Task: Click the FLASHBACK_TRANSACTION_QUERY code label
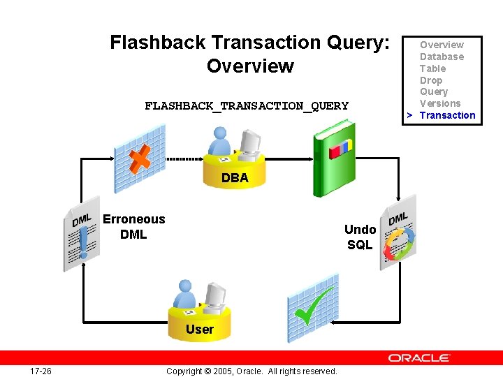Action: [246, 106]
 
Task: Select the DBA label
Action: [235, 178]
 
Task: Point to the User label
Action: [200, 329]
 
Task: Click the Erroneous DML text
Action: [133, 227]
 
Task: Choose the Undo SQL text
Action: [360, 237]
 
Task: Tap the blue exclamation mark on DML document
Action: [84, 244]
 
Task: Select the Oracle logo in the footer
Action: [419, 357]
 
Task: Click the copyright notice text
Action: [251, 371]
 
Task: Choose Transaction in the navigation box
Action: [447, 115]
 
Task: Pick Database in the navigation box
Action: [442, 57]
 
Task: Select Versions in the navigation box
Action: [440, 103]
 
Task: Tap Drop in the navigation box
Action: [431, 80]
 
